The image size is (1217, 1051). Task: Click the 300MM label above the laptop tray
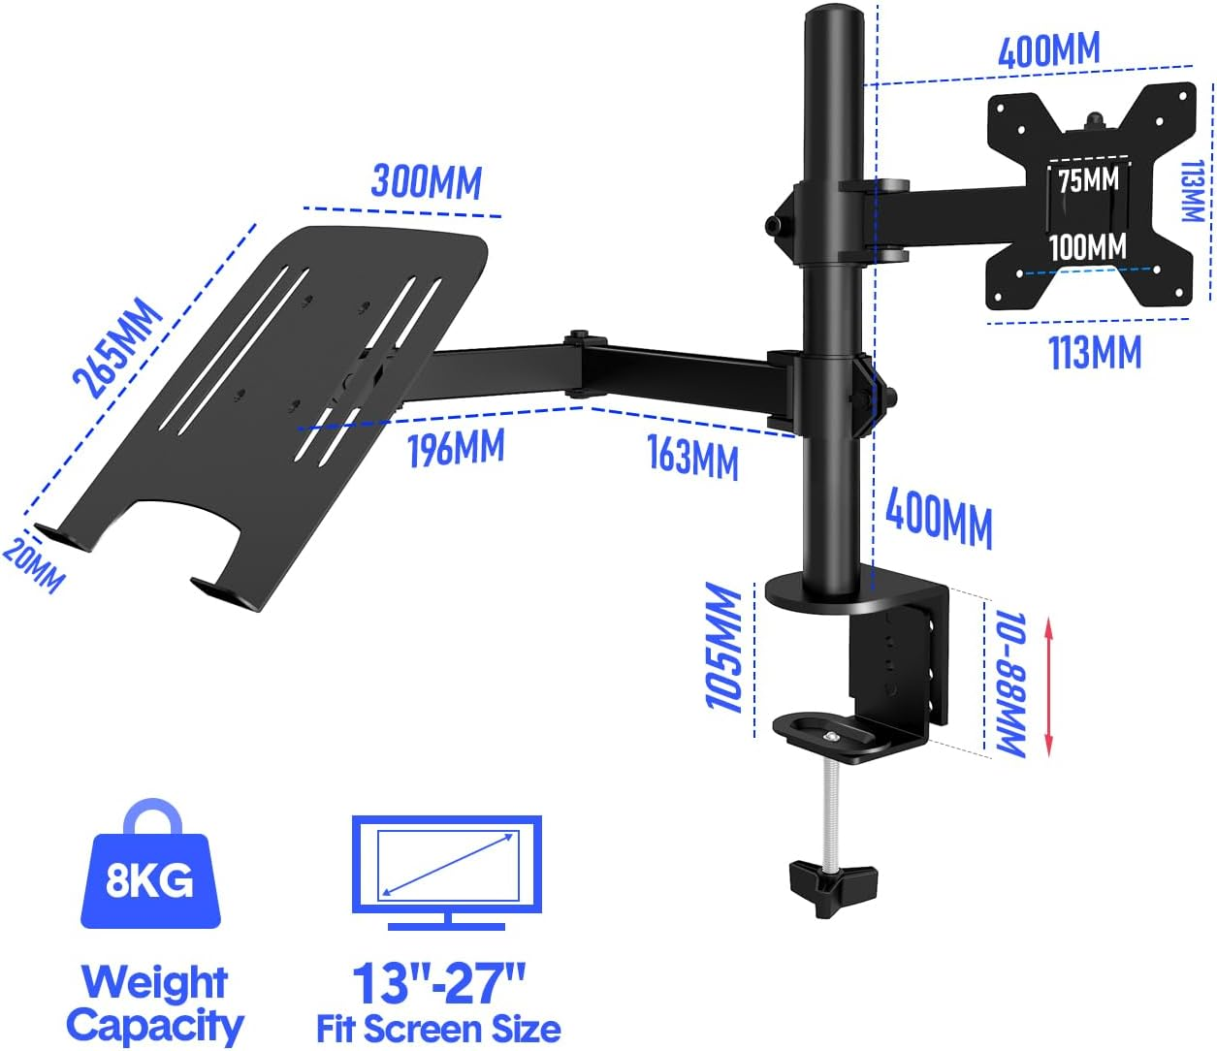426,181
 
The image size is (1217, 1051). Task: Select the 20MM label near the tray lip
34,564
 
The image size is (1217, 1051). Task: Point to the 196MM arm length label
455,448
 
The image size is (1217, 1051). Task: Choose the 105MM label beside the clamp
724,648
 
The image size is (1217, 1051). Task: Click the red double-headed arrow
1048,687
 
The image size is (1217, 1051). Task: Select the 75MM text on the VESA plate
1088,180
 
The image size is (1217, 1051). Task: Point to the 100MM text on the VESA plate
1088,247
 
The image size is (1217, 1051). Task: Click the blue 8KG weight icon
150,868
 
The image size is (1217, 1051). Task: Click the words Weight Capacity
154,1003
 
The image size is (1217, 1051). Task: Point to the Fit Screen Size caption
438,1029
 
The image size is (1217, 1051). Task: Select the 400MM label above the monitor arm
1049,50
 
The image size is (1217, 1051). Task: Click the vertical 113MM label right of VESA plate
1193,191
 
